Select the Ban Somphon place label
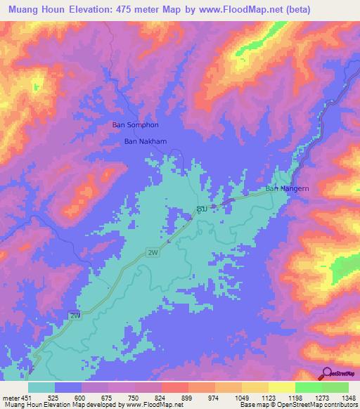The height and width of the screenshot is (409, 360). pyautogui.click(x=136, y=125)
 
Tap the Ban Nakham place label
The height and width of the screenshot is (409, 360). pyautogui.click(x=146, y=141)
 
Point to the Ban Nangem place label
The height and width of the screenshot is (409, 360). pyautogui.click(x=287, y=189)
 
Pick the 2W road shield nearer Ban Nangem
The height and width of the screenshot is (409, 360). pyautogui.click(x=152, y=252)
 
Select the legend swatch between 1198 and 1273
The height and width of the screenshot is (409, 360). pyautogui.click(x=308, y=387)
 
